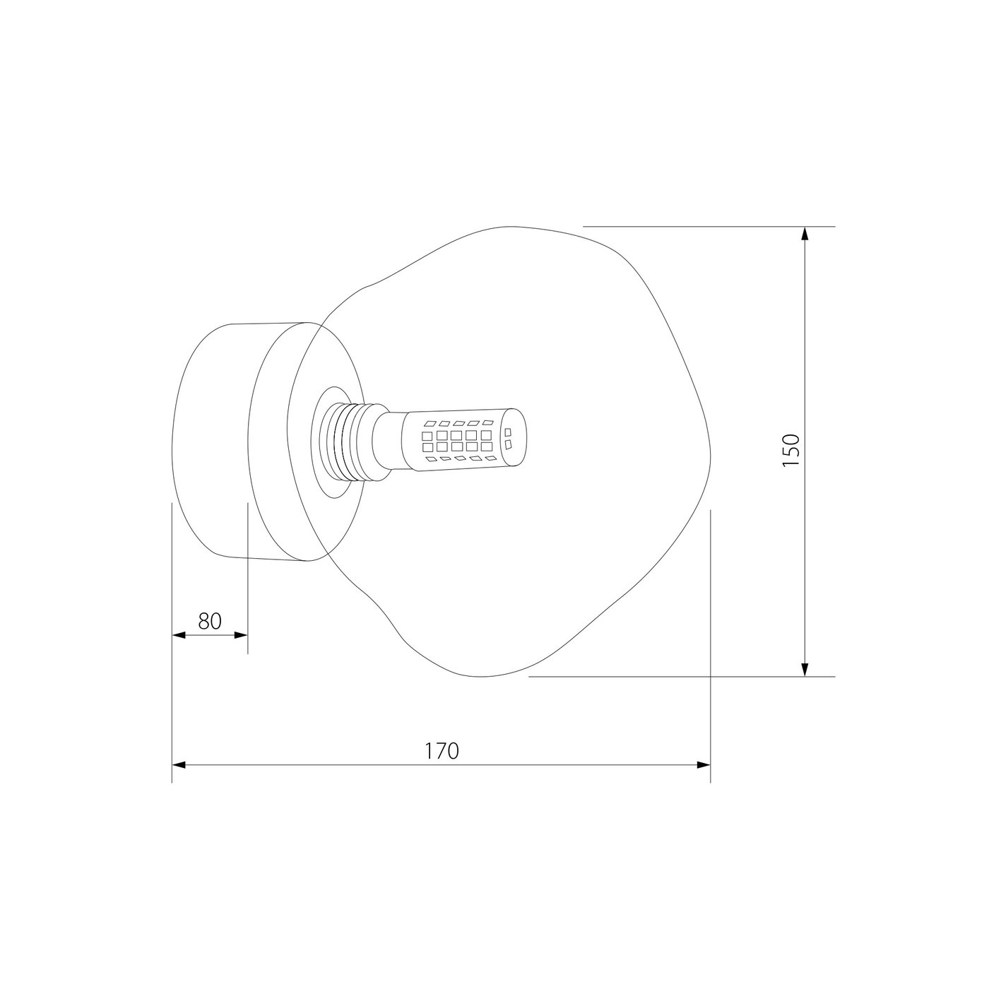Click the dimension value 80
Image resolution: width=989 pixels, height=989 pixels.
pyautogui.click(x=209, y=621)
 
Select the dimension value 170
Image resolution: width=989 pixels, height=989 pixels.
pyautogui.click(x=442, y=752)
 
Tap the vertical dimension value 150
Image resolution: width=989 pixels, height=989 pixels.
pyautogui.click(x=791, y=450)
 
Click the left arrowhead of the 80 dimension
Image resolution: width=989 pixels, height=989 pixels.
pyautogui.click(x=178, y=635)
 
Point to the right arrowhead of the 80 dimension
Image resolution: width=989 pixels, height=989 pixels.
pyautogui.click(x=241, y=635)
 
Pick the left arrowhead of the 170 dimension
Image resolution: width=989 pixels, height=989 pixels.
pyautogui.click(x=178, y=765)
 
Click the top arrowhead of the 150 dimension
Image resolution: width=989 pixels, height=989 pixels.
pyautogui.click(x=805, y=233)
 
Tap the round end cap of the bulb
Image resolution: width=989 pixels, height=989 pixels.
pyautogui.click(x=515, y=437)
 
